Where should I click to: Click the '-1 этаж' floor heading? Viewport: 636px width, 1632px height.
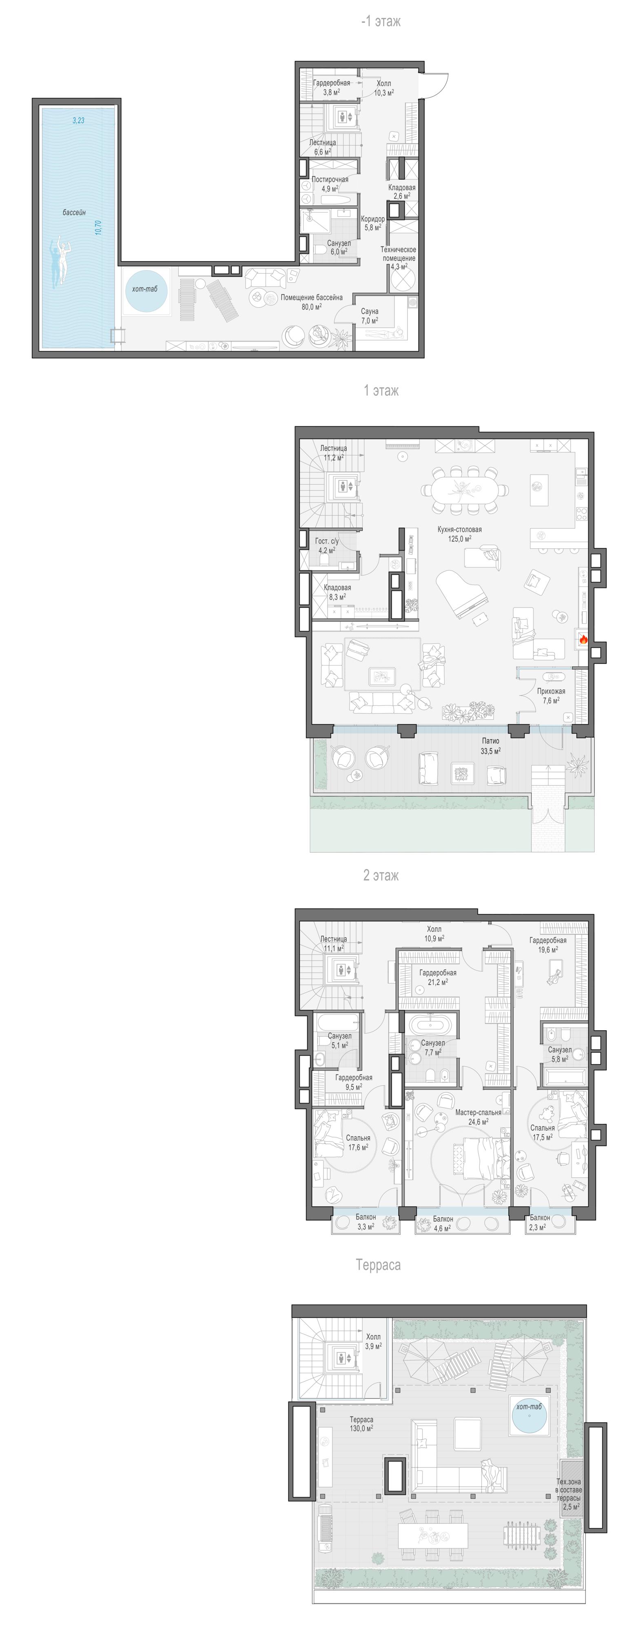pos(381,22)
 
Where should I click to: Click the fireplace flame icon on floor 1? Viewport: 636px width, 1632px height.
pos(583,640)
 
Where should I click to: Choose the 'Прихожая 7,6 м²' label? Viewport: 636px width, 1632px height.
pos(550,696)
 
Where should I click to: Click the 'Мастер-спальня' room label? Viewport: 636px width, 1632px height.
pos(478,1112)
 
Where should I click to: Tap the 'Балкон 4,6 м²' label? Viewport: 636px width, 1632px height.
pos(443,1223)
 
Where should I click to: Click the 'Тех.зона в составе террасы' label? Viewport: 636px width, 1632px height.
pos(569,1490)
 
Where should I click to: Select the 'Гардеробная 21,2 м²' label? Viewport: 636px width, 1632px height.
pos(438,977)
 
